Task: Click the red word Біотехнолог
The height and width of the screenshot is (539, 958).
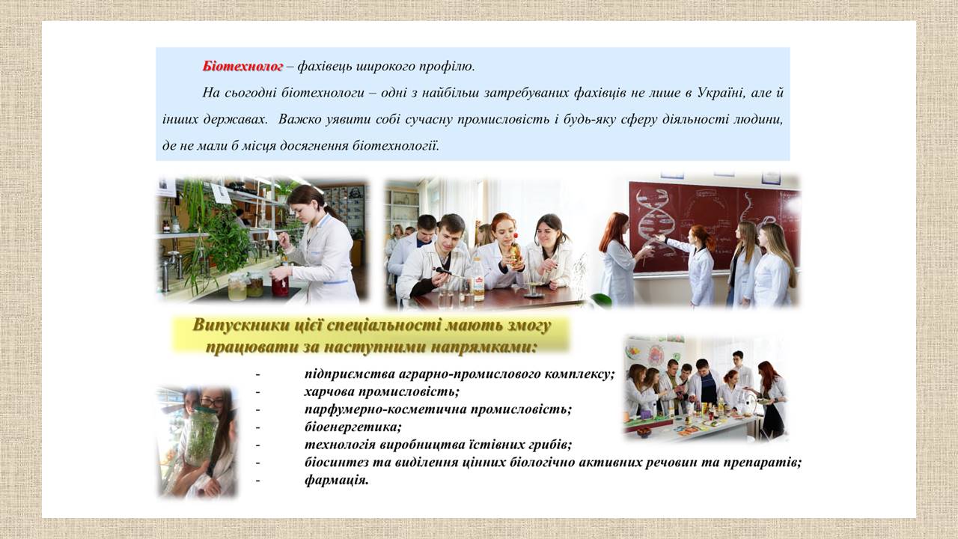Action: [x=242, y=67]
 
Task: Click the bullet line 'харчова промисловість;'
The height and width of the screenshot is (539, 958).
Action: [x=382, y=392]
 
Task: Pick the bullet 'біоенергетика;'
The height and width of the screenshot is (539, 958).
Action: [x=353, y=427]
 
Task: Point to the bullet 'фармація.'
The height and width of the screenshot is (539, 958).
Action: [x=336, y=480]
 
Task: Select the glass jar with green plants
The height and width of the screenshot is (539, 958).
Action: [x=201, y=436]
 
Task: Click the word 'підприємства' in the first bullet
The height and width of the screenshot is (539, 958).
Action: [x=349, y=374]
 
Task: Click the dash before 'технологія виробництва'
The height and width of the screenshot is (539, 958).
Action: [x=258, y=445]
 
